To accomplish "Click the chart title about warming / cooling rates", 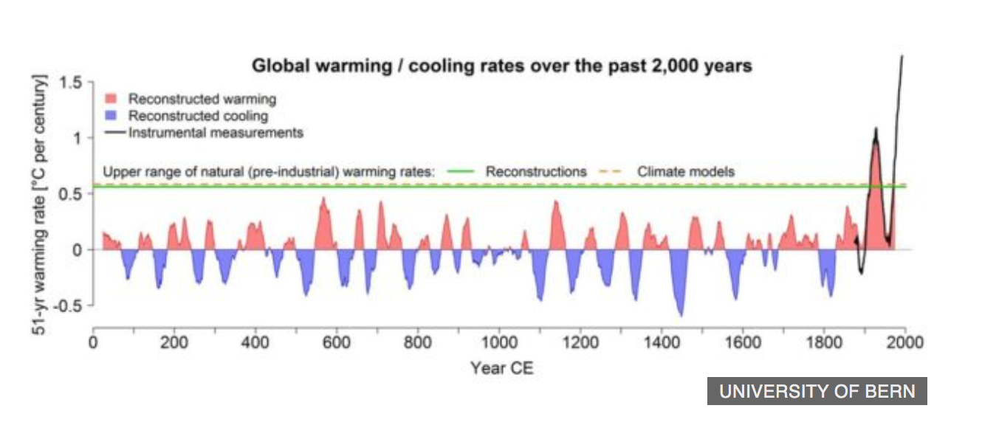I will pos(502,66).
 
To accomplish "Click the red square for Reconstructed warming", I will pos(111,99).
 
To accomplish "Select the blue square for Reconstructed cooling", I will pos(111,117).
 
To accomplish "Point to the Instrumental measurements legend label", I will pos(216,134).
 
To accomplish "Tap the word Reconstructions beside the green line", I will pos(536,172).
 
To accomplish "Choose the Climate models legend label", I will pos(686,172).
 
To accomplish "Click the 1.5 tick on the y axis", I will pos(72,82).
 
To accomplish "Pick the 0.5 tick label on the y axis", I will pos(72,194).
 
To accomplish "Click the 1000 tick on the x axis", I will pos(499,343).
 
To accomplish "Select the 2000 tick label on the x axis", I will pos(905,343).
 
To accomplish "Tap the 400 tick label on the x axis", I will pos(255,343).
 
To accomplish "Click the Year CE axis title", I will pos(501,367).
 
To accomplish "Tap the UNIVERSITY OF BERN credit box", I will pos(817,391).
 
